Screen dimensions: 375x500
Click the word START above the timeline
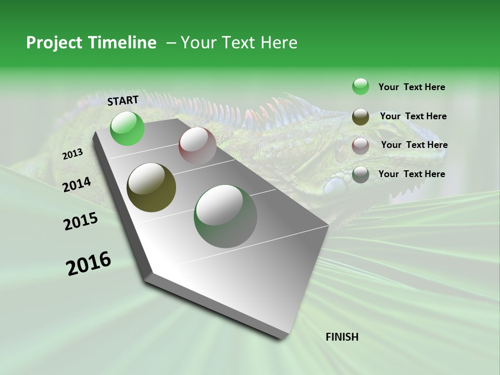pyautogui.click(x=123, y=101)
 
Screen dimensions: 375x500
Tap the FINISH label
pyautogui.click(x=342, y=337)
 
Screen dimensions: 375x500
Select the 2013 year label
pyautogui.click(x=72, y=154)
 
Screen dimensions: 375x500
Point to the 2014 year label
pyautogui.click(x=77, y=185)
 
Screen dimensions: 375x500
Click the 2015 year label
pyautogui.click(x=81, y=221)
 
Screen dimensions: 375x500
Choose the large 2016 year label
pyautogui.click(x=89, y=264)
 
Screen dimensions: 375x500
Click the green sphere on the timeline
pyautogui.click(x=128, y=129)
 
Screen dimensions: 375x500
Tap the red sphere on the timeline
pyautogui.click(x=197, y=146)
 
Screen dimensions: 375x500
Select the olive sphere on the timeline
pyautogui.click(x=152, y=187)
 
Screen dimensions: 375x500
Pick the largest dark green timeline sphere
pyautogui.click(x=226, y=216)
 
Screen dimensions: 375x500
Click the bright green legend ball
pyautogui.click(x=360, y=86)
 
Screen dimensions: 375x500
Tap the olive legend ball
pyautogui.click(x=360, y=117)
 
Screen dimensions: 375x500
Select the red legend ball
pyautogui.click(x=360, y=146)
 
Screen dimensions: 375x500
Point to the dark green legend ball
pyautogui.click(x=360, y=175)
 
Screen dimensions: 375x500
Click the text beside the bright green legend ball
pyautogui.click(x=411, y=87)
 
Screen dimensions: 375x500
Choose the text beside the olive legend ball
pyautogui.click(x=413, y=116)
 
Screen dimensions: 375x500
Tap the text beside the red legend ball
pyautogui.click(x=414, y=145)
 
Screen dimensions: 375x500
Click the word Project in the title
pyautogui.click(x=55, y=43)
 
